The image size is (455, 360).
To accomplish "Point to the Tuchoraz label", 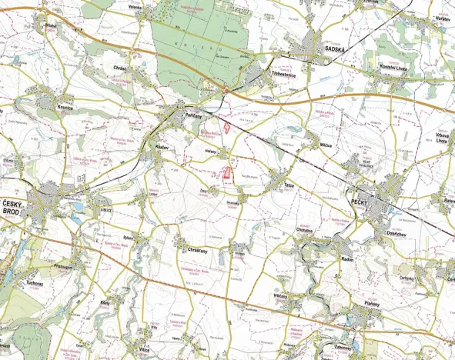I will [35, 282].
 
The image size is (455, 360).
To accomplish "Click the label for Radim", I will [348, 260].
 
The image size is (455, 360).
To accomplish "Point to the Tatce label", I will [290, 185].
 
